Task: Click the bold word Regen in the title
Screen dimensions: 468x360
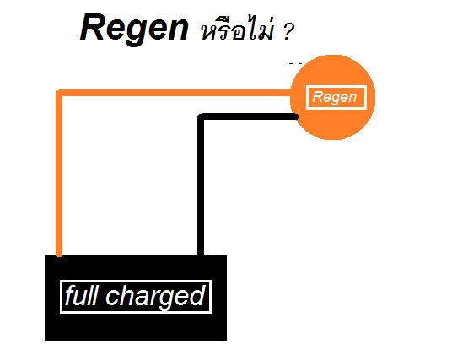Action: coord(134,30)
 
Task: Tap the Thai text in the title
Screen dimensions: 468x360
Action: coord(237,30)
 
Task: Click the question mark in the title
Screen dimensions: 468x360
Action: coord(288,32)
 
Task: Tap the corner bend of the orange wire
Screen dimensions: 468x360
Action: coord(60,93)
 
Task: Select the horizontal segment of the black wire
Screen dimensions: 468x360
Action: coord(248,116)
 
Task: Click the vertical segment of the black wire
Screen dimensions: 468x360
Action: coord(201,185)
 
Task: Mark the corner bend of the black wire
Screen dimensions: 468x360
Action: coord(202,116)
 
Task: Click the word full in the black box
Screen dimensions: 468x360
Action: coord(81,295)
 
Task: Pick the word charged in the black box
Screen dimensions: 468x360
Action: coord(155,297)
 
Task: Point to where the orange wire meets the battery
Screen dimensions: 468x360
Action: coord(59,255)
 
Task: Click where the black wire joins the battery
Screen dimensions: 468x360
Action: coord(201,255)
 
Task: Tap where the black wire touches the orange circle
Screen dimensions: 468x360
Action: coord(295,116)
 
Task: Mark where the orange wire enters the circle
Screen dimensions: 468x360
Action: coord(292,93)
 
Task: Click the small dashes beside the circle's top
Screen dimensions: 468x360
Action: coord(295,63)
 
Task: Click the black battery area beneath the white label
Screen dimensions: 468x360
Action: coord(136,327)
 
